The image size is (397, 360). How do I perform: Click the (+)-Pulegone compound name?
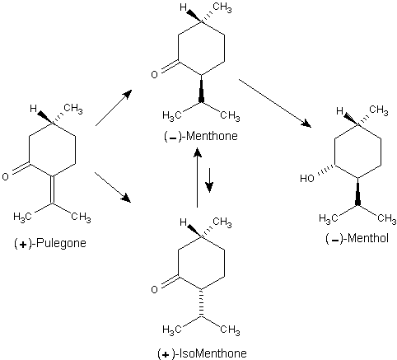tap(49, 243)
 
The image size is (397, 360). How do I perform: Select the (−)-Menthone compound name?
tap(201, 136)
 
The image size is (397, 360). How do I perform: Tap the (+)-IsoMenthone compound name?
tap(202, 353)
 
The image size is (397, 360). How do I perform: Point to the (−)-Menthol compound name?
tap(357, 238)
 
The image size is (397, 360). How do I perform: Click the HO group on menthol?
tap(306, 179)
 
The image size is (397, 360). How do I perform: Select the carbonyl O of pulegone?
tap(5, 176)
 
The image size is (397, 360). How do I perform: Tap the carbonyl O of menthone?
tap(154, 74)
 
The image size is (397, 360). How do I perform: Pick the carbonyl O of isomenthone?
tap(154, 289)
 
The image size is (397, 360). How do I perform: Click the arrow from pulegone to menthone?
tap(114, 108)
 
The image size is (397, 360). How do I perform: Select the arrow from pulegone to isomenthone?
tap(113, 187)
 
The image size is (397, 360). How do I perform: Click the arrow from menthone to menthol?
tap(275, 103)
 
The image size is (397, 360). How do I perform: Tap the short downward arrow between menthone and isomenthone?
tap(209, 180)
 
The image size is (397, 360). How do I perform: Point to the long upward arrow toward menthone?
tap(197, 177)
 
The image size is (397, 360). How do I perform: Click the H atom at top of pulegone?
tap(34, 109)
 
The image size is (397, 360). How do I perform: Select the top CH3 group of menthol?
tap(379, 110)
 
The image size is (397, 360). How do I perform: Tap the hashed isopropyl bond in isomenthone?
tap(201, 304)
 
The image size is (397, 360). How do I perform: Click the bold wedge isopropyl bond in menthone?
tap(201, 89)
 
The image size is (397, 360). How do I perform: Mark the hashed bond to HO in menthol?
tap(326, 170)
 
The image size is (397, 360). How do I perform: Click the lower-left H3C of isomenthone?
tap(172, 330)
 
